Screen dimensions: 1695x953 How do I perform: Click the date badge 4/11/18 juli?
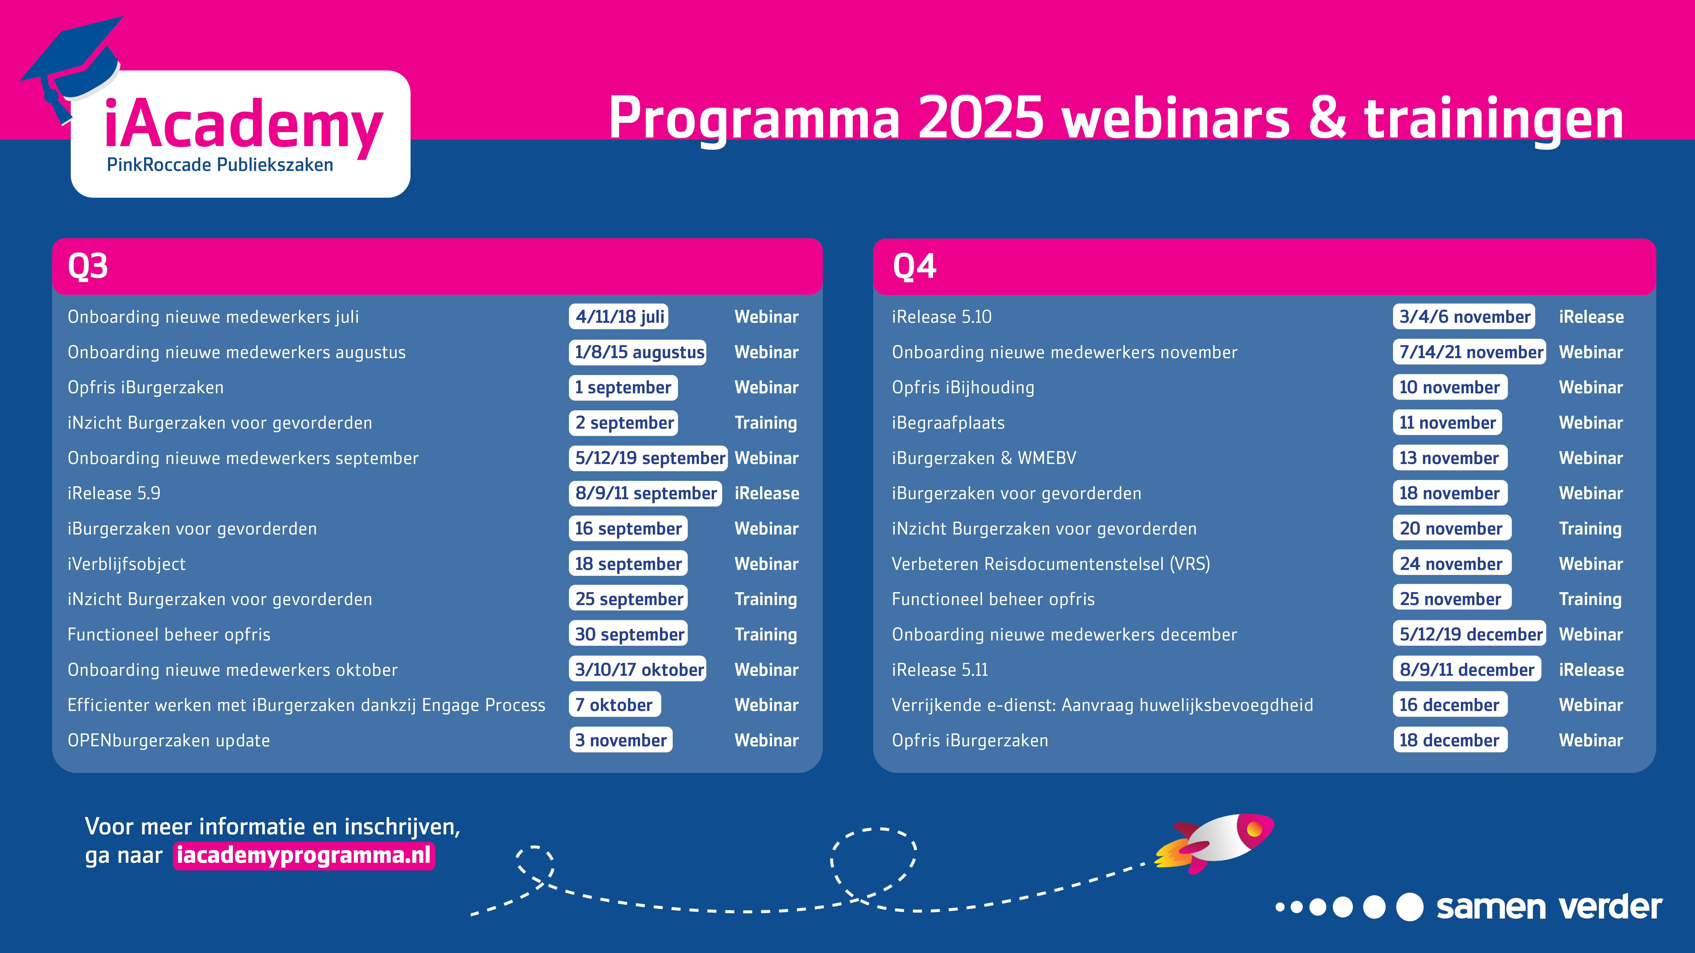click(618, 316)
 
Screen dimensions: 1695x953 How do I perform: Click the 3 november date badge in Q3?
click(621, 740)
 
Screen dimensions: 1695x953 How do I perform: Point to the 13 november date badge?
click(1450, 458)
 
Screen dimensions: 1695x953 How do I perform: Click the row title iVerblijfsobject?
click(126, 564)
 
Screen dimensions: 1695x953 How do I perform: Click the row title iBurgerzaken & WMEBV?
click(984, 458)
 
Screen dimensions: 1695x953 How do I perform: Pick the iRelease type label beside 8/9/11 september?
click(767, 493)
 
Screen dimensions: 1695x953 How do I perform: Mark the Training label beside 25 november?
click(1590, 599)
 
